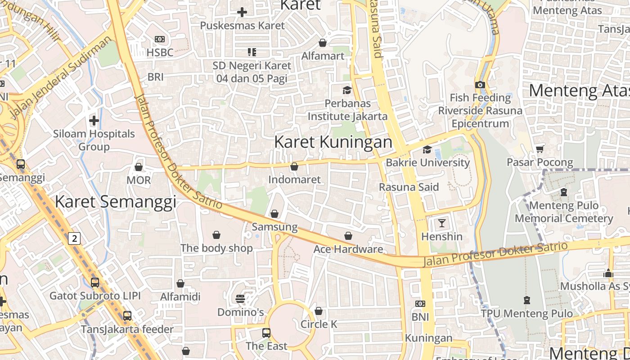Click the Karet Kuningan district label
click(333, 142)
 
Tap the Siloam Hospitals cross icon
click(94, 121)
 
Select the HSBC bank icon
click(160, 40)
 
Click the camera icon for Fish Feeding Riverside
click(480, 85)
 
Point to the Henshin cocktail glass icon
click(441, 223)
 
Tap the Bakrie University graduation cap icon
click(427, 149)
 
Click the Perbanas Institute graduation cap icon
click(346, 90)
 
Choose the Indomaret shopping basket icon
click(294, 167)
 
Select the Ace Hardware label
click(348, 249)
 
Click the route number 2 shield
click(74, 238)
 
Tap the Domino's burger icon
click(240, 299)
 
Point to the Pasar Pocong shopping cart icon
click(540, 149)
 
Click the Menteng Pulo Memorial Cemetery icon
click(563, 193)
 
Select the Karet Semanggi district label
click(115, 202)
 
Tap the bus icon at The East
click(266, 333)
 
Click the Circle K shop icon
click(319, 311)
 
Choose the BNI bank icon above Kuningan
click(420, 304)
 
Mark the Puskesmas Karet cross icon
click(242, 12)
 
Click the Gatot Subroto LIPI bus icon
click(95, 283)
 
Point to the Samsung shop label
click(274, 227)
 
